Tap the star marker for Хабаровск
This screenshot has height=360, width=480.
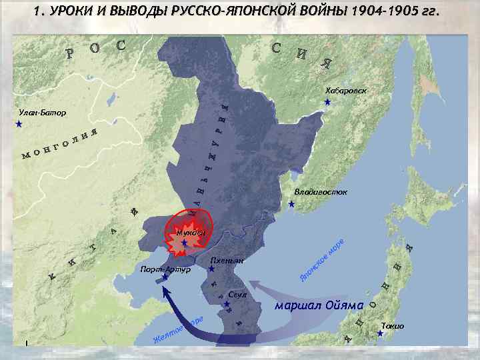click(327, 103)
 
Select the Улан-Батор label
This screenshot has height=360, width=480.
click(43, 113)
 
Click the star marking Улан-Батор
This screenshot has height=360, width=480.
click(19, 125)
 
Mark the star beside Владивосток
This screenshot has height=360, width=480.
click(291, 204)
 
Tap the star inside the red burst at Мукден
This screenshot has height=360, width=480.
click(185, 244)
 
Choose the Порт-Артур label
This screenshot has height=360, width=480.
click(165, 269)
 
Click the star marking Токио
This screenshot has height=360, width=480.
click(380, 333)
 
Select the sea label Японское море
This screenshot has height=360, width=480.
click(321, 259)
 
